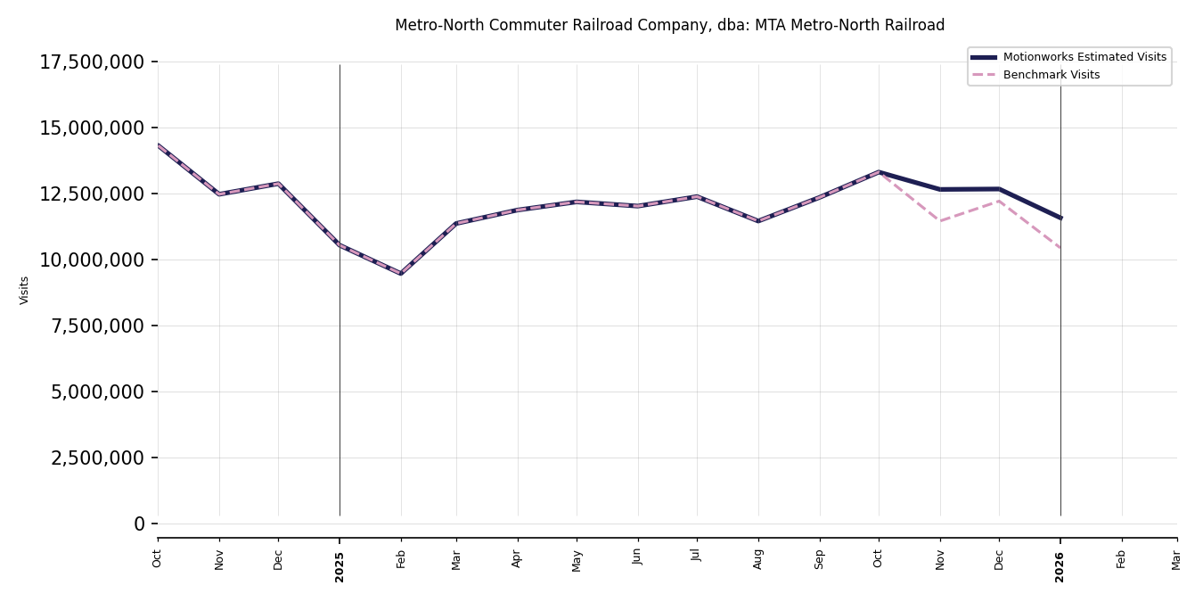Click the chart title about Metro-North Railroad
pyautogui.click(x=669, y=26)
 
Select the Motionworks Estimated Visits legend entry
pyautogui.click(x=1084, y=57)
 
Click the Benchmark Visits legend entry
pyautogui.click(x=1051, y=75)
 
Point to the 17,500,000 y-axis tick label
pyautogui.click(x=92, y=62)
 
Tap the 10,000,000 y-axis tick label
pyautogui.click(x=92, y=260)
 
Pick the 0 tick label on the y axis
pyautogui.click(x=139, y=524)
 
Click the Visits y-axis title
pyautogui.click(x=25, y=290)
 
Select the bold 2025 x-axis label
pyautogui.click(x=340, y=566)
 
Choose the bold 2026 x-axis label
pyautogui.click(x=1060, y=566)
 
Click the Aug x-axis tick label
pyautogui.click(x=758, y=558)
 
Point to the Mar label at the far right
pyautogui.click(x=1176, y=559)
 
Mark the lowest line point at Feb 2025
pyautogui.click(x=401, y=274)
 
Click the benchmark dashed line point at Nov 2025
pyautogui.click(x=940, y=221)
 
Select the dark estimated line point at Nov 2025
pyautogui.click(x=940, y=189)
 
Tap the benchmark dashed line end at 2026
pyautogui.click(x=1060, y=248)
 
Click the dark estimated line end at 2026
pyautogui.click(x=1060, y=218)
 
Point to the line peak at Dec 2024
pyautogui.click(x=278, y=184)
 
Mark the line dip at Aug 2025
pyautogui.click(x=758, y=221)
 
